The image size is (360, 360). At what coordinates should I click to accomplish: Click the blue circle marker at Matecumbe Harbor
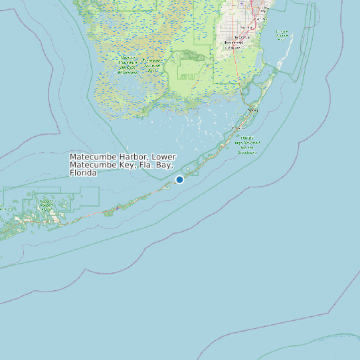tap(179, 179)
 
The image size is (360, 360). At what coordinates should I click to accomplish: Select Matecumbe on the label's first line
tap(92, 157)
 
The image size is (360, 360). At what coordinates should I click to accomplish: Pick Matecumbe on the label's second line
tap(91, 165)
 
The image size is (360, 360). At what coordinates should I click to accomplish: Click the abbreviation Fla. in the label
tap(140, 165)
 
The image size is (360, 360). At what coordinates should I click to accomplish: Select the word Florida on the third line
tap(83, 173)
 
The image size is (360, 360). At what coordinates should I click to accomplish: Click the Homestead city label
tap(233, 43)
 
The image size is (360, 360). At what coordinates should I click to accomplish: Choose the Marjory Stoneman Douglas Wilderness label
tap(128, 64)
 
